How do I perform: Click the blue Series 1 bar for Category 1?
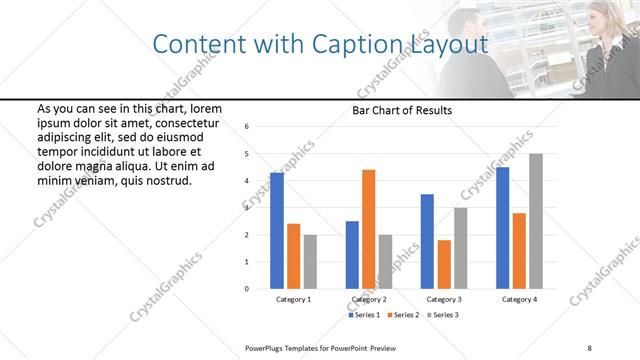pos(277,231)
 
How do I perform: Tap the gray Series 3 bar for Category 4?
pos(536,221)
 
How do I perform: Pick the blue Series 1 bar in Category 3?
pos(427,241)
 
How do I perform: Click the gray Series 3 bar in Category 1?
pos(310,262)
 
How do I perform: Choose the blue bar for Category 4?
pos(502,228)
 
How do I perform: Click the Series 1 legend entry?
pos(365,315)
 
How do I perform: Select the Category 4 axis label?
pos(519,300)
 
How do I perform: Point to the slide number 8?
pos(589,347)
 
